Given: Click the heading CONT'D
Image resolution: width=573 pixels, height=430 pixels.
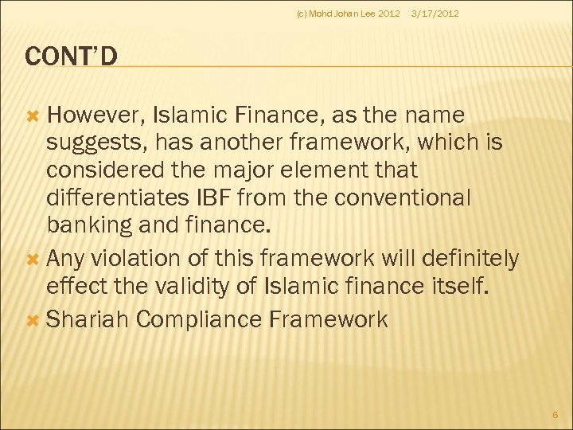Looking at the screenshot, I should [72, 56].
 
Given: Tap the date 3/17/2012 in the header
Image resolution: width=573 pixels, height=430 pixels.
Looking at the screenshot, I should [435, 14].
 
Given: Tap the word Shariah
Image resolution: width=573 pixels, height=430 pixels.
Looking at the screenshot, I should [87, 320].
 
